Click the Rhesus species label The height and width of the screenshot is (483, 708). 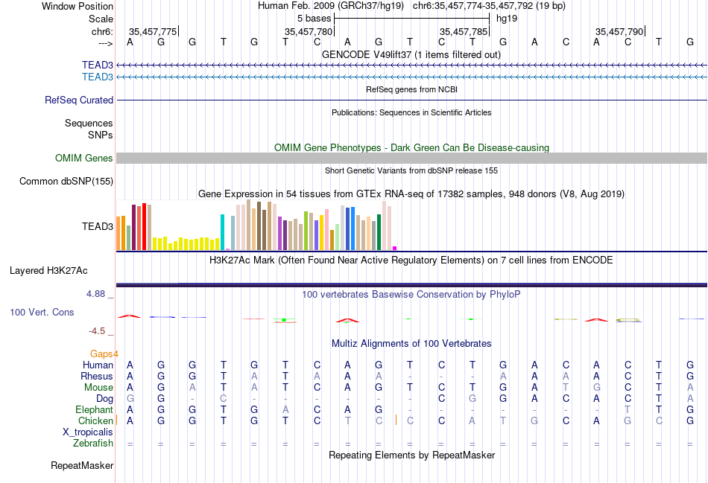[97, 376]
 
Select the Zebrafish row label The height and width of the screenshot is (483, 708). [93, 443]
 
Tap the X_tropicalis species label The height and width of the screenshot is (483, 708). [88, 432]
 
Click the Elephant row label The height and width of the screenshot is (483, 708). [94, 409]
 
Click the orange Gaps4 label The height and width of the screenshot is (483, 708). [104, 354]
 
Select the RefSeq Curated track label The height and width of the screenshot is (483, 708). [79, 100]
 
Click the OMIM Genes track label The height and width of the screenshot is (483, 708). [84, 158]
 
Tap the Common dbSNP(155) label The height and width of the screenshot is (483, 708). [66, 181]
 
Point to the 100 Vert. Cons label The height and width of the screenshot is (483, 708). [42, 312]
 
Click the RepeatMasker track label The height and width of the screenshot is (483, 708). [82, 466]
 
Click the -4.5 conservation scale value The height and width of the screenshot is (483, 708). [97, 331]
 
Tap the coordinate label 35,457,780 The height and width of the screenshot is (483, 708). [309, 31]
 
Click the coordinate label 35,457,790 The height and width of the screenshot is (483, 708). [619, 31]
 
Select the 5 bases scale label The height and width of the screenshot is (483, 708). [314, 18]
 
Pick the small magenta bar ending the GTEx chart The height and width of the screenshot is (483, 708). [395, 248]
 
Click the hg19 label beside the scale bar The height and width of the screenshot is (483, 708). [507, 18]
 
